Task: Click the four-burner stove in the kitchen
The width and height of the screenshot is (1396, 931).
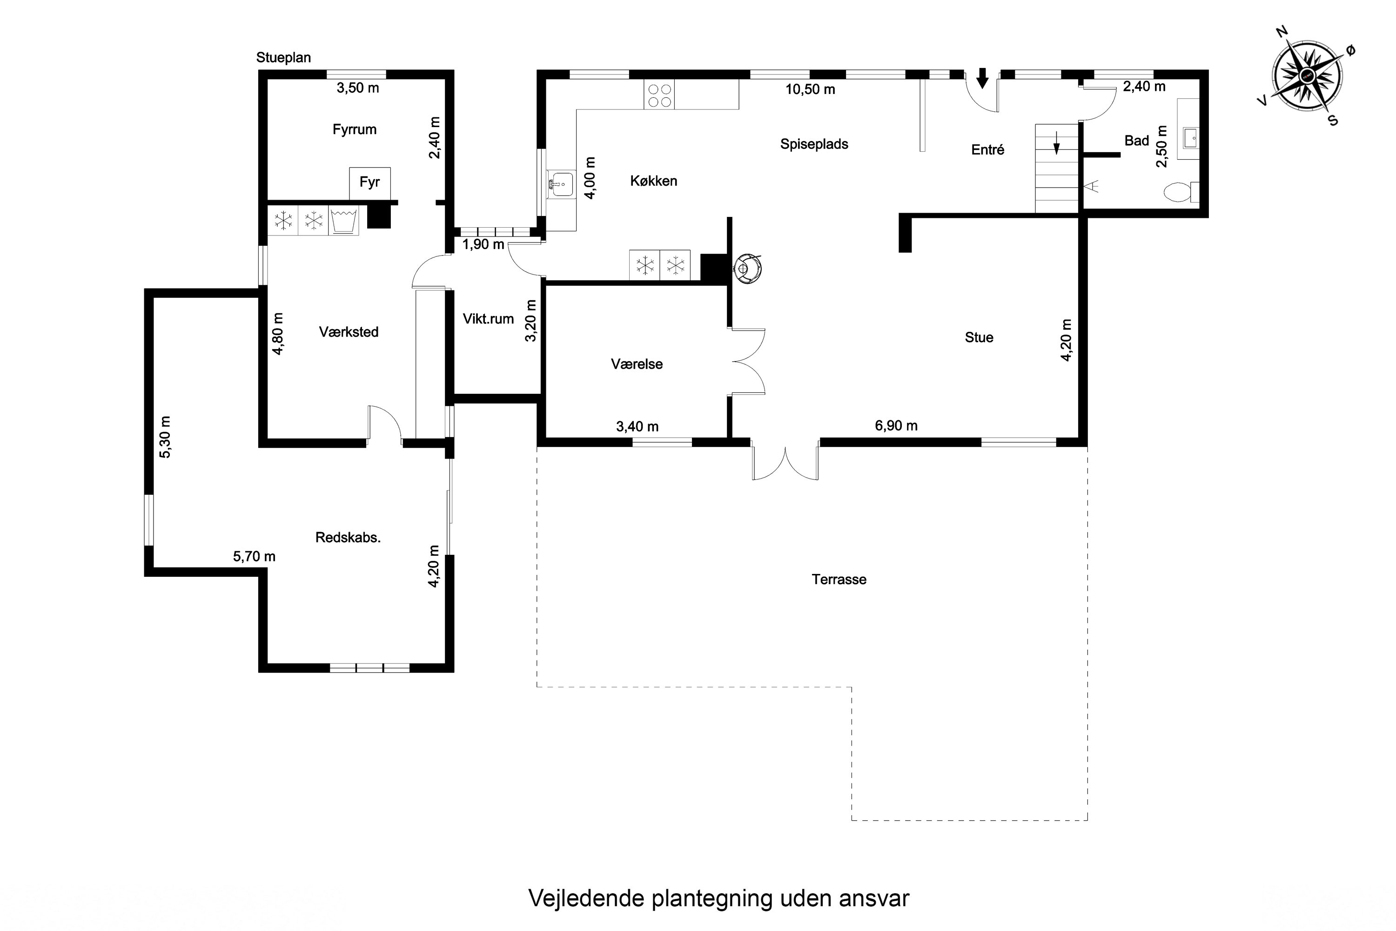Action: click(659, 95)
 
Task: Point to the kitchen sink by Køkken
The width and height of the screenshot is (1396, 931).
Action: click(560, 184)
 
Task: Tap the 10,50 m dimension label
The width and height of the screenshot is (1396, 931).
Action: click(810, 90)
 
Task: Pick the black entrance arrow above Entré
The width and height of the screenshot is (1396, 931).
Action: click(982, 78)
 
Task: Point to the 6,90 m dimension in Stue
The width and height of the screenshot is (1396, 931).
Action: click(896, 426)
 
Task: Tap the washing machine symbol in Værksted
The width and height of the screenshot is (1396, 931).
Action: click(344, 221)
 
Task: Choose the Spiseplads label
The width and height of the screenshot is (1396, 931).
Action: click(814, 144)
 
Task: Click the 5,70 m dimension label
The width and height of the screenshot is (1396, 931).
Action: click(254, 556)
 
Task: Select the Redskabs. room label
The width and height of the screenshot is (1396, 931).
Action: click(348, 537)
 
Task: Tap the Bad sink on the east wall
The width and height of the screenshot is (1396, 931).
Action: click(1189, 137)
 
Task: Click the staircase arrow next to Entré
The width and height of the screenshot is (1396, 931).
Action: click(1056, 142)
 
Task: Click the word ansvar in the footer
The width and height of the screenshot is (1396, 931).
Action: click(874, 898)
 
